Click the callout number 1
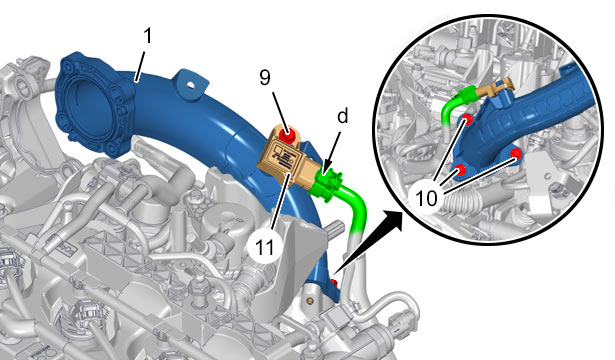click(x=147, y=36)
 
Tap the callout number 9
click(x=265, y=78)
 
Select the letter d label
click(x=343, y=116)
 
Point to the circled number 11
click(x=265, y=247)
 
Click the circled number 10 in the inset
click(x=426, y=198)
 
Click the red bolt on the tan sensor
click(x=287, y=135)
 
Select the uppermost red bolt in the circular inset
click(x=466, y=120)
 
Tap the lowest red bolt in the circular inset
click(x=460, y=170)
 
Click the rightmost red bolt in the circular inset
click(x=516, y=154)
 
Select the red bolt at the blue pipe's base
click(x=334, y=283)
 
